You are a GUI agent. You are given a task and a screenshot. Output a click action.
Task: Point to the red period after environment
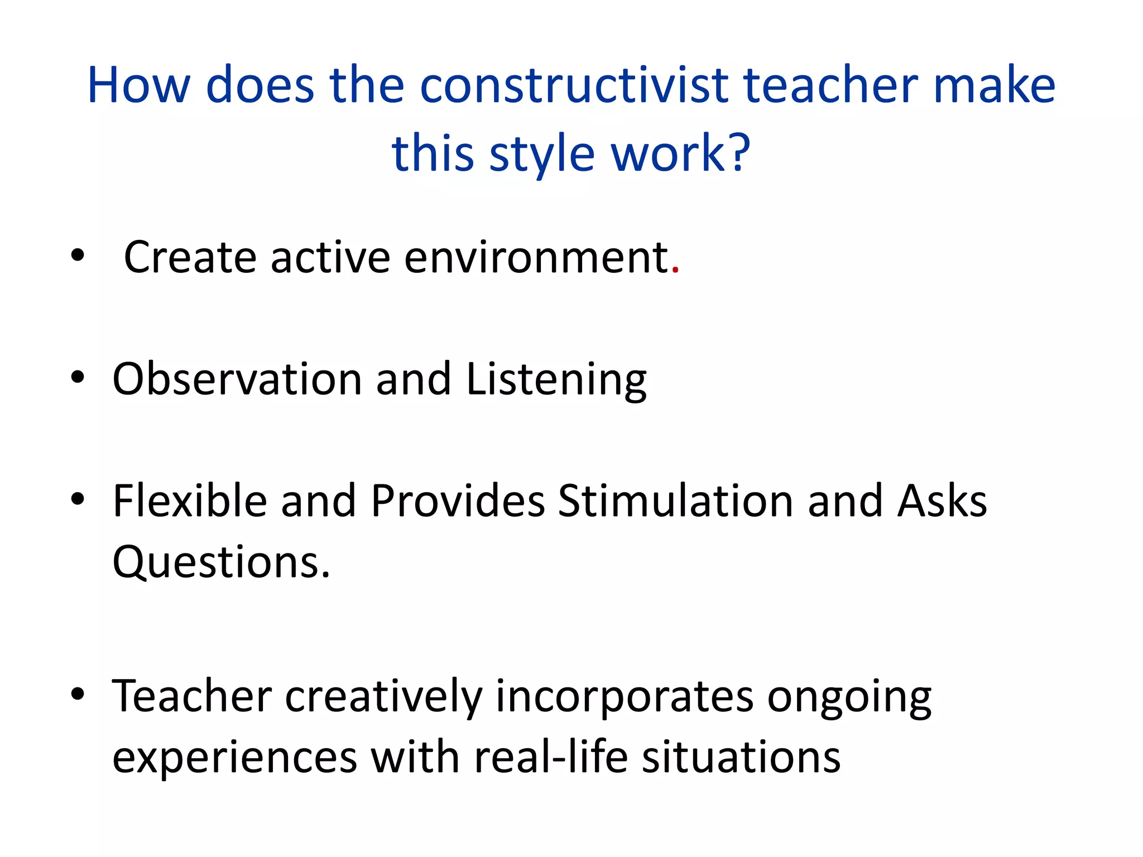click(675, 271)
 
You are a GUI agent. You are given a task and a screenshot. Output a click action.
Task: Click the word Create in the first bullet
click(190, 257)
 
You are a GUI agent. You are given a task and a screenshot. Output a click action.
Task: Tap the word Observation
click(237, 379)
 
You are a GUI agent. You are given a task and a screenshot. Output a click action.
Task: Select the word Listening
click(556, 380)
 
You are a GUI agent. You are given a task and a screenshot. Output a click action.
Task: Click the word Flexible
click(190, 500)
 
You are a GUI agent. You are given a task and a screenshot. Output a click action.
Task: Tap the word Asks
click(942, 500)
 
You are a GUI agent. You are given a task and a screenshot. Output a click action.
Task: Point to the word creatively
click(383, 697)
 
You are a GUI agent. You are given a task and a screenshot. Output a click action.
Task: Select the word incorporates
click(625, 697)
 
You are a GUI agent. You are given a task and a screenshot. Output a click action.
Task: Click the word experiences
click(234, 758)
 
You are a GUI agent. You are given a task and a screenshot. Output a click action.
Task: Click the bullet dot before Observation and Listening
click(78, 377)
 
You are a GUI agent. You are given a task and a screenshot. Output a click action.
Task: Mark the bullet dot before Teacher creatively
click(78, 694)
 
